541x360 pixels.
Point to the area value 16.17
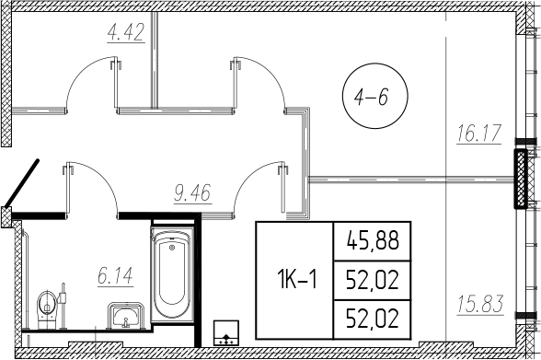click(478, 134)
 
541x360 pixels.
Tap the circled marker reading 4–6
click(368, 93)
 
